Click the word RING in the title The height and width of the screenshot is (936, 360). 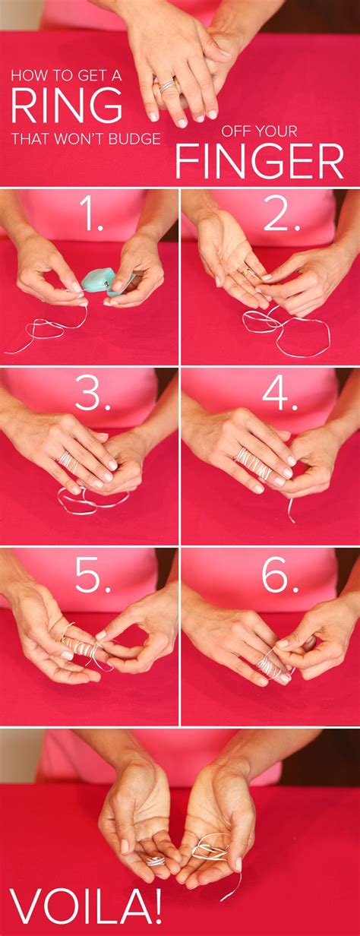[66, 106]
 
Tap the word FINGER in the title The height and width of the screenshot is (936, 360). [259, 161]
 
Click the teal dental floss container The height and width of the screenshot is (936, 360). [99, 280]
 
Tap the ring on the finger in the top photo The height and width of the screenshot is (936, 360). [166, 85]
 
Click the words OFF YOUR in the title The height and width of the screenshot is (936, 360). [256, 130]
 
